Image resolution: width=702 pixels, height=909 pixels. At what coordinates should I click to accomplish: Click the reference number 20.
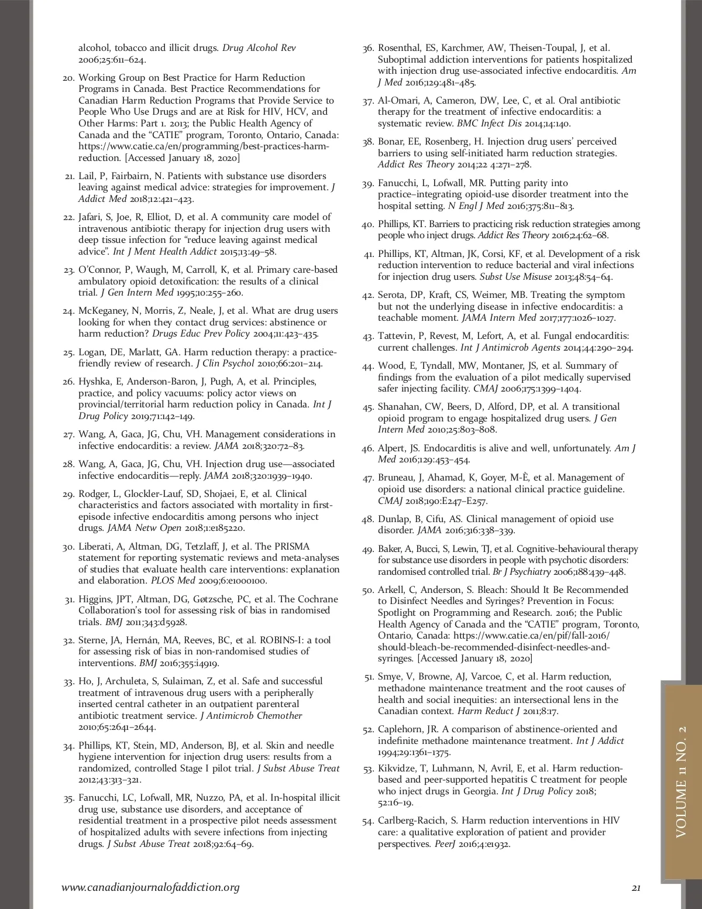pyautogui.click(x=68, y=78)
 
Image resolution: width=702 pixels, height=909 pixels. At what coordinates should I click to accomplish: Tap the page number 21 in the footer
pyautogui.click(x=636, y=888)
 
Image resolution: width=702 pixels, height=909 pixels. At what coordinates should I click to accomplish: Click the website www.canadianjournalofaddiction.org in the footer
pyautogui.click(x=150, y=887)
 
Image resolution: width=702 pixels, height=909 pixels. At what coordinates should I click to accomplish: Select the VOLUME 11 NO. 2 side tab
pyautogui.click(x=682, y=782)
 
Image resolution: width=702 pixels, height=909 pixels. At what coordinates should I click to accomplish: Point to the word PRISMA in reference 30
pyautogui.click(x=291, y=546)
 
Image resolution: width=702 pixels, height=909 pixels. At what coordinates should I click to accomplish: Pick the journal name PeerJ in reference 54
pyautogui.click(x=445, y=843)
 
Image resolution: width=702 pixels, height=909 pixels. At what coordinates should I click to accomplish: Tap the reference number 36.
pyautogui.click(x=368, y=49)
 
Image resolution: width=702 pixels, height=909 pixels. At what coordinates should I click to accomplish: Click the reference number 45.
pyautogui.click(x=368, y=407)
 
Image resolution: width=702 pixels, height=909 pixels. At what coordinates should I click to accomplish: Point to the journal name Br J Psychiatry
pyautogui.click(x=521, y=571)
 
